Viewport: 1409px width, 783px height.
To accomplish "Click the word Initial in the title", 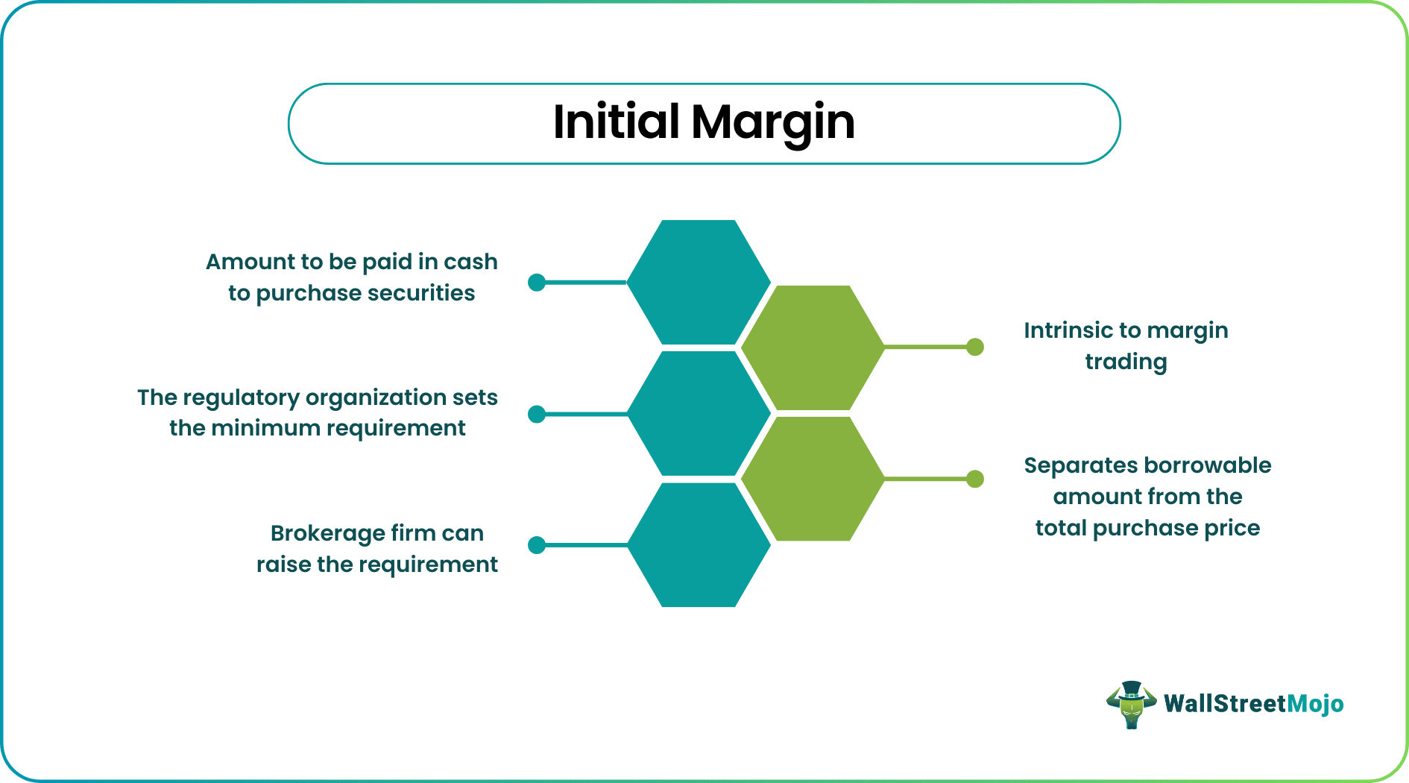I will [616, 122].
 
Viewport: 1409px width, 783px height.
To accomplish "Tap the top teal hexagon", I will [699, 282].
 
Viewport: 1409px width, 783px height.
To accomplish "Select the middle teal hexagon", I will [699, 413].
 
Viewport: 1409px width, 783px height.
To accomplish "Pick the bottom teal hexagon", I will [699, 545].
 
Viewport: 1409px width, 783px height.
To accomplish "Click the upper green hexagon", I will [813, 348].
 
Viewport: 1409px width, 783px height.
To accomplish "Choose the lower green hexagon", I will [813, 479].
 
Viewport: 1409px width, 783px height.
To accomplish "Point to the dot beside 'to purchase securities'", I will [537, 283].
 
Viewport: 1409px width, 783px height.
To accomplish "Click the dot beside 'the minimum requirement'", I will [537, 414].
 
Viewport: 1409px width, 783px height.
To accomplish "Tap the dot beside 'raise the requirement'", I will [537, 545].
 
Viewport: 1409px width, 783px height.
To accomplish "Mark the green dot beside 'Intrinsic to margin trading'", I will [975, 347].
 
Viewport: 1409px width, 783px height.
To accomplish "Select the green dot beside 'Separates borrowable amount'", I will [975, 479].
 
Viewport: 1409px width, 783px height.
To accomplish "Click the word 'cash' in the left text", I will [470, 262].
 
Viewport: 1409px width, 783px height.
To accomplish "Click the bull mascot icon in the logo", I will [1131, 705].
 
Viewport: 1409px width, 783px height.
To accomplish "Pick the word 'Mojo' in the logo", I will [1315, 704].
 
